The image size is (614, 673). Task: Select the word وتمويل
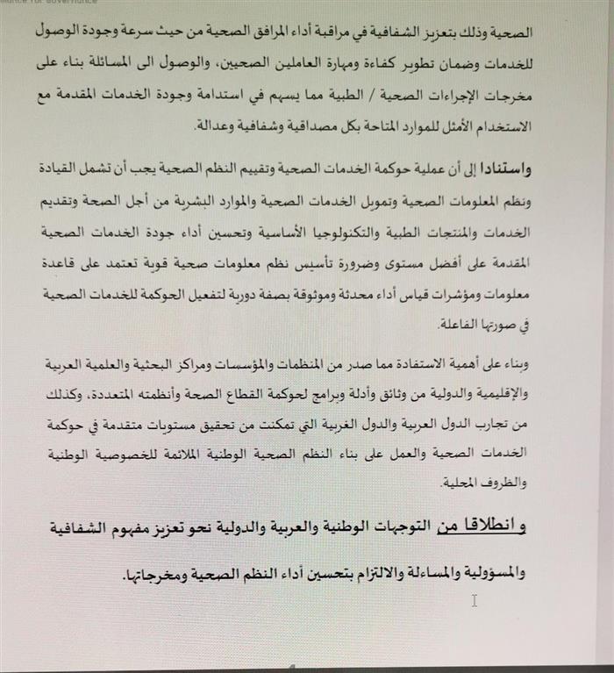393,202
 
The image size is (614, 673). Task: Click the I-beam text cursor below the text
474,600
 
